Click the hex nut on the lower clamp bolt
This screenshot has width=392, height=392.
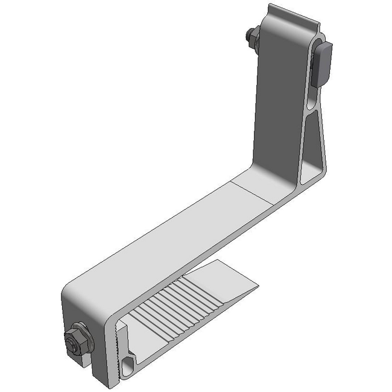tap(77, 339)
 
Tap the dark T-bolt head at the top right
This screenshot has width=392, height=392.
tap(324, 60)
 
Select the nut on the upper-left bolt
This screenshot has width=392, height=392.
tap(251, 37)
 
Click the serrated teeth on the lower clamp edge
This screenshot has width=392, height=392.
tap(115, 344)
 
